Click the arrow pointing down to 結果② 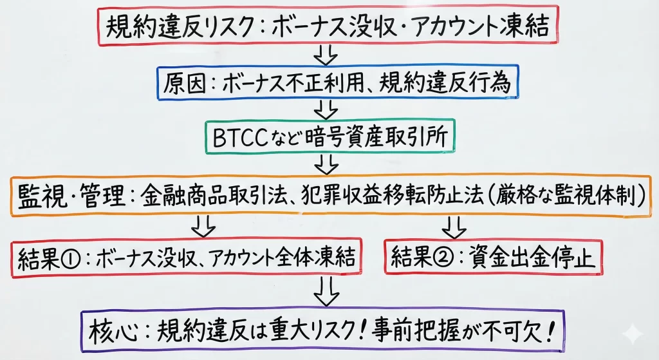point(455,225)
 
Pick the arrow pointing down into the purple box point(326,293)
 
